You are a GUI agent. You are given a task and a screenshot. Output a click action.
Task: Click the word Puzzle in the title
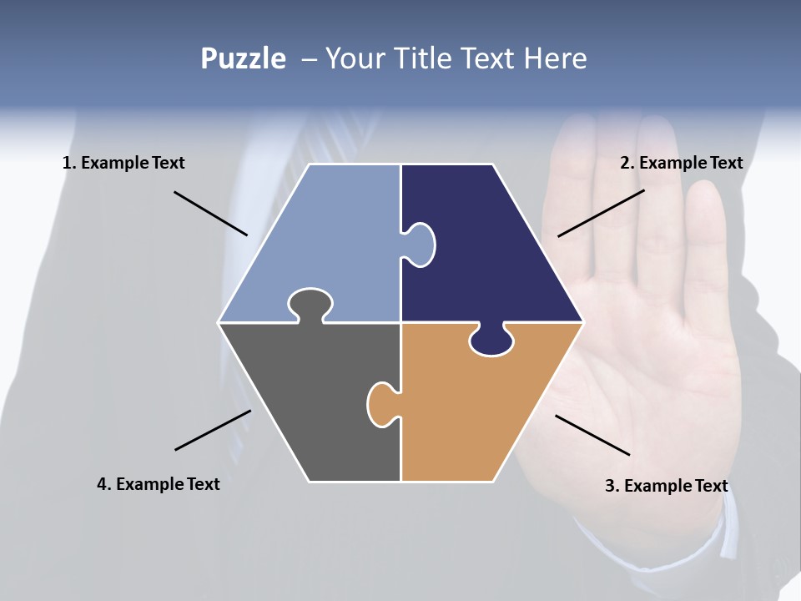point(243,59)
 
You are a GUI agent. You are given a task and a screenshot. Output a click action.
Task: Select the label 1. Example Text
point(123,163)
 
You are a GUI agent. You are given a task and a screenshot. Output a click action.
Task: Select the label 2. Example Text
point(681,163)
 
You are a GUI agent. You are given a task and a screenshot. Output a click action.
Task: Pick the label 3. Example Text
point(666,486)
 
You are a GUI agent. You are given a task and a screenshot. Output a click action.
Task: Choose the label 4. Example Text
point(159,484)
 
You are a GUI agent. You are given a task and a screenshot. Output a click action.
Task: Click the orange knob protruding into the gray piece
point(381,404)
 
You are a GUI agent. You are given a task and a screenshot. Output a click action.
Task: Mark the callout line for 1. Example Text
point(210,213)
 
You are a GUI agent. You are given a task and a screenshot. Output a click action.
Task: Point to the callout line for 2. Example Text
point(601,213)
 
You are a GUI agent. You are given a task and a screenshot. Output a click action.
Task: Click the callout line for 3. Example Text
point(592,435)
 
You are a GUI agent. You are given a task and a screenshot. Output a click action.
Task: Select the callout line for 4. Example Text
point(213,430)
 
